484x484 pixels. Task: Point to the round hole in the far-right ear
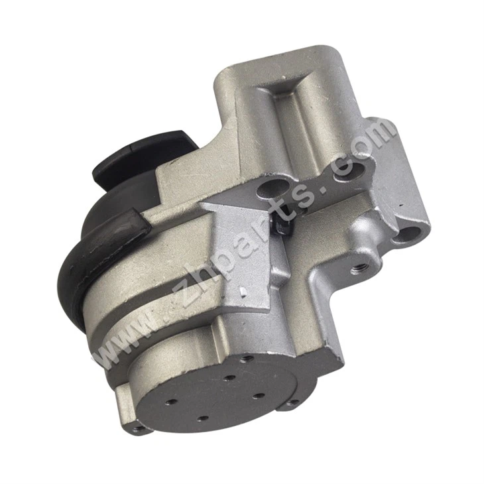[x=411, y=233]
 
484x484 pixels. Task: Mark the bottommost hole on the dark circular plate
[x=203, y=419]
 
